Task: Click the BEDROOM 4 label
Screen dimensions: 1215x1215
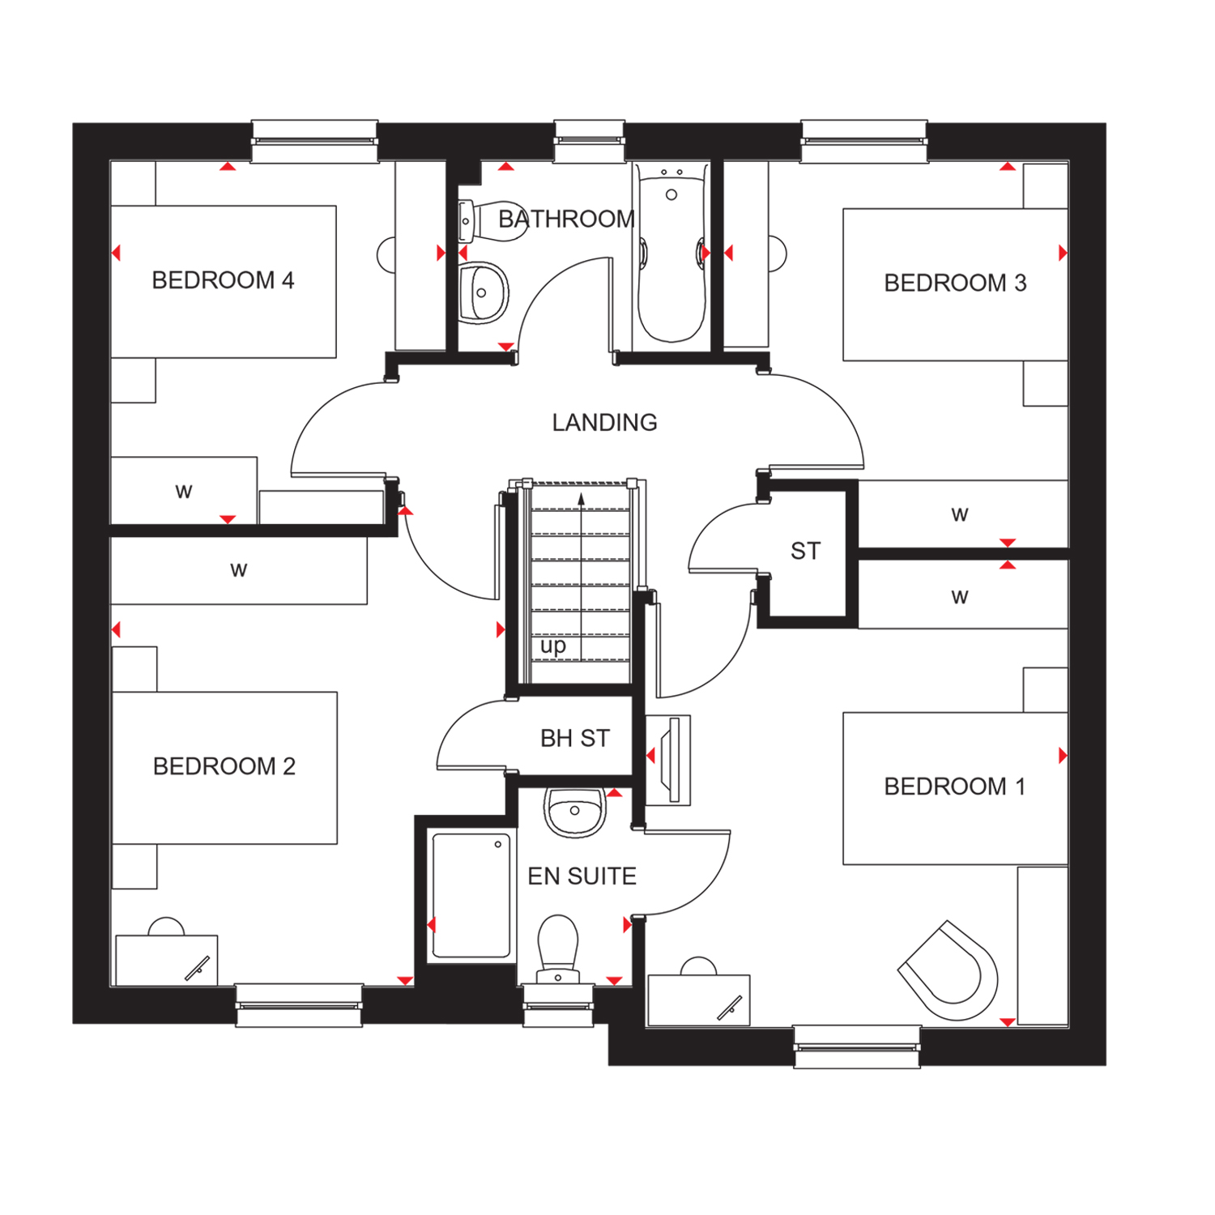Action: point(223,280)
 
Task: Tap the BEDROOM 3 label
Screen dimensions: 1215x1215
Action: point(955,283)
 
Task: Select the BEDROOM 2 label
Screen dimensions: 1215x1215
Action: point(224,766)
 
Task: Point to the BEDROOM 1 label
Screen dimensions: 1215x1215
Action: point(954,787)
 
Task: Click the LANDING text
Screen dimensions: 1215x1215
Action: point(604,423)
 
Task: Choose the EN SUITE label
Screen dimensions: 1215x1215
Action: point(582,876)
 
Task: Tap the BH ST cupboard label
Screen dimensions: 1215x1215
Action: point(574,739)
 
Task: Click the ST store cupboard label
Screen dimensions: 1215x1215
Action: point(805,552)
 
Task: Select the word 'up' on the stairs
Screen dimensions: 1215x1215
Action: point(553,646)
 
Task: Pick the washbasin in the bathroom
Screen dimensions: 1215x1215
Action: point(483,292)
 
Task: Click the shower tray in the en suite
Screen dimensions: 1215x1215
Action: point(471,896)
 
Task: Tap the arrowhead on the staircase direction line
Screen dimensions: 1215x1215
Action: point(581,498)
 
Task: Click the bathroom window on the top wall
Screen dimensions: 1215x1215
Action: point(589,141)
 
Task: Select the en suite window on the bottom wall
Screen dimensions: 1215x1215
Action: point(558,1005)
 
